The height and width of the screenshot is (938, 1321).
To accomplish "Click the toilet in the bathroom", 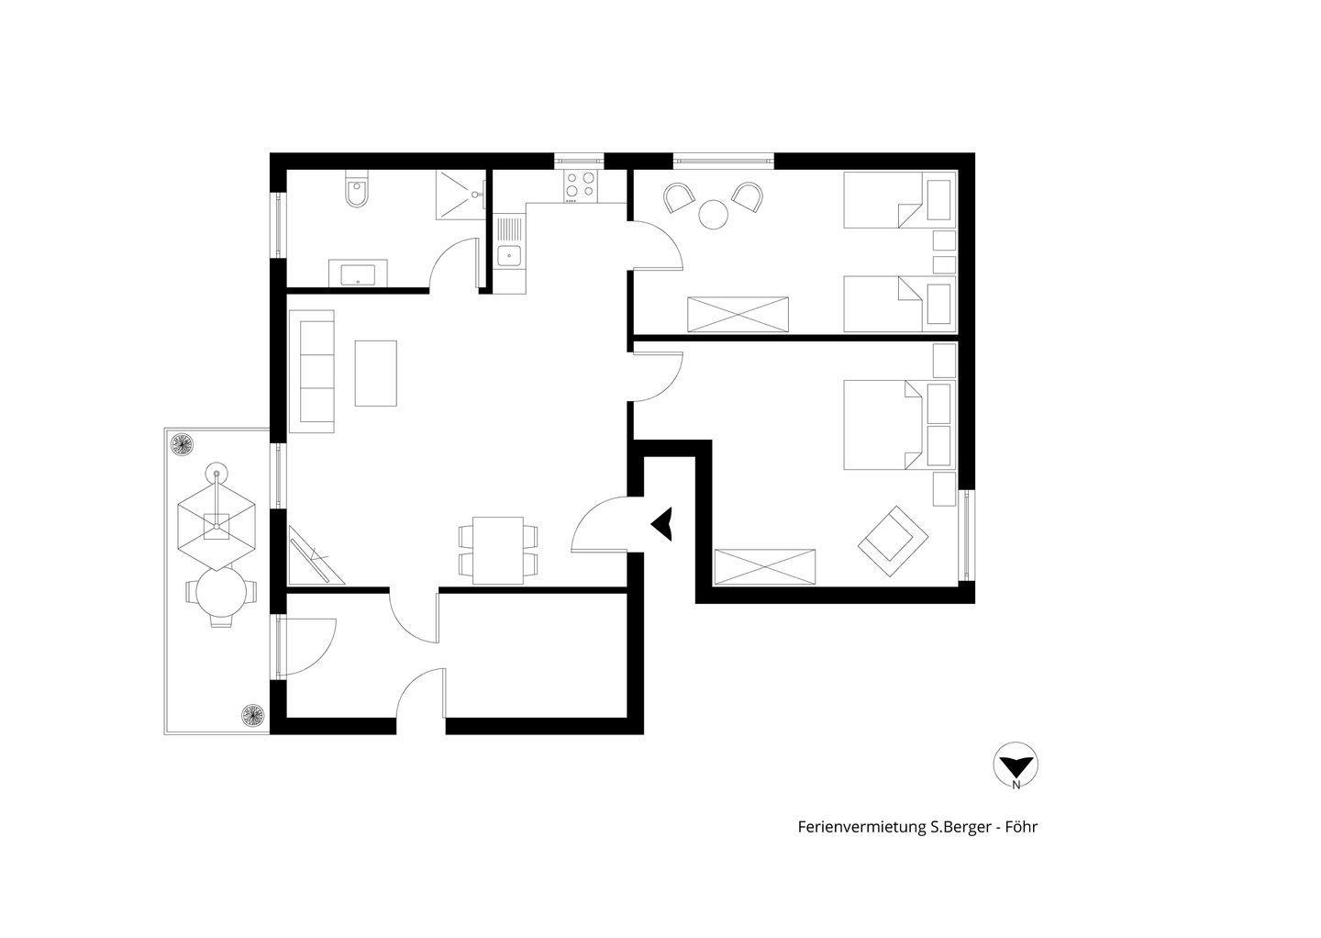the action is tap(357, 189).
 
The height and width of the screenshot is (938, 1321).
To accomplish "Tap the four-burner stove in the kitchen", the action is tap(580, 185).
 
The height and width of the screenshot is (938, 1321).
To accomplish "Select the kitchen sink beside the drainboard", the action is tap(509, 256).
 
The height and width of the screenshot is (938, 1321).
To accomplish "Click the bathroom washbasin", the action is tap(358, 274).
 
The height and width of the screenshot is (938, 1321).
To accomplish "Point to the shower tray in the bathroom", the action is tap(460, 195).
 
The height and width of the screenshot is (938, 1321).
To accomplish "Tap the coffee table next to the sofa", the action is tap(376, 374).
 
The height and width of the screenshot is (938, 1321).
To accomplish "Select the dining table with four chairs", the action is tap(498, 551).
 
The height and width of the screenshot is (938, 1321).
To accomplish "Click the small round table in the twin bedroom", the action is tap(713, 215).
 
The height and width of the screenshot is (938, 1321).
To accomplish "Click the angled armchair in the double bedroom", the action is tap(893, 541).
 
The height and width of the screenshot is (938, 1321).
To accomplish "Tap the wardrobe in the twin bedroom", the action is tap(738, 315).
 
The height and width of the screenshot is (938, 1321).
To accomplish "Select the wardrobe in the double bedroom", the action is tap(764, 567).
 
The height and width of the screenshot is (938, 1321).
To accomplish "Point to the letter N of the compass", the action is tap(1016, 786).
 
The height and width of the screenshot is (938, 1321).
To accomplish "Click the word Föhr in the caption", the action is tap(1021, 827).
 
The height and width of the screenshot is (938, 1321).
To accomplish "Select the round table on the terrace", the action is tap(221, 592).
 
